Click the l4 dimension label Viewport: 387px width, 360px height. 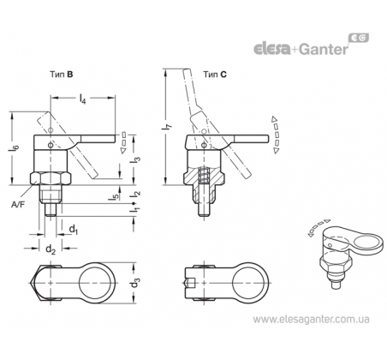point(82,99)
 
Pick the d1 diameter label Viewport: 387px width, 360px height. point(74,229)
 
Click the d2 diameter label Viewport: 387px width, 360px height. point(51,249)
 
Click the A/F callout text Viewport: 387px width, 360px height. point(18,205)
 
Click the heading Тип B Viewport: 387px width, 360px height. point(62,75)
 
